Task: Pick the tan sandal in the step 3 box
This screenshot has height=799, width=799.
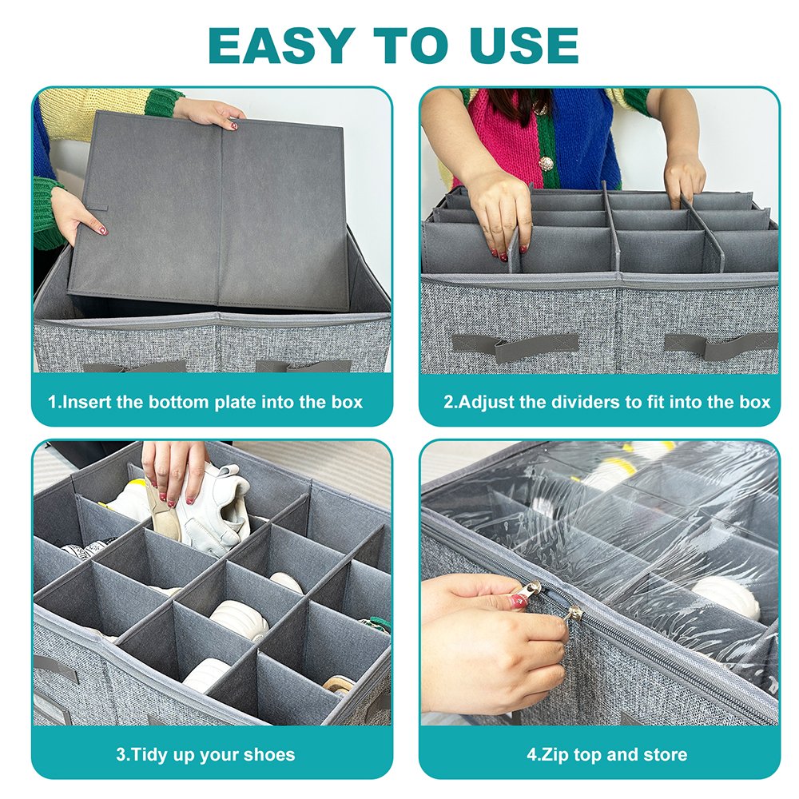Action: pos(339,686)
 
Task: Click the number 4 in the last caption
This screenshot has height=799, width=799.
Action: pos(532,753)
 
